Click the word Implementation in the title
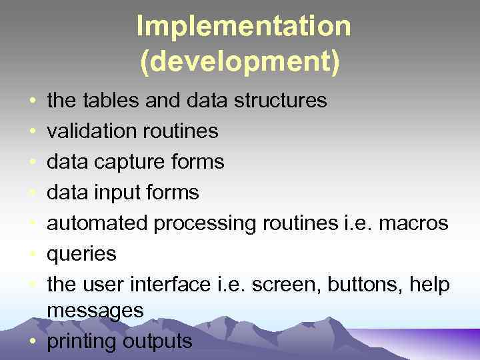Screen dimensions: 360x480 (x=243, y=27)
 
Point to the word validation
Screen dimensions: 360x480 (x=93, y=131)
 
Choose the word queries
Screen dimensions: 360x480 (x=82, y=255)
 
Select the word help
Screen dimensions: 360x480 (x=431, y=285)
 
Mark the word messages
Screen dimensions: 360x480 (x=95, y=311)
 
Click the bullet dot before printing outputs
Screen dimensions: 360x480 (x=33, y=342)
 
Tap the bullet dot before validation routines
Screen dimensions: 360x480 (x=33, y=131)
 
